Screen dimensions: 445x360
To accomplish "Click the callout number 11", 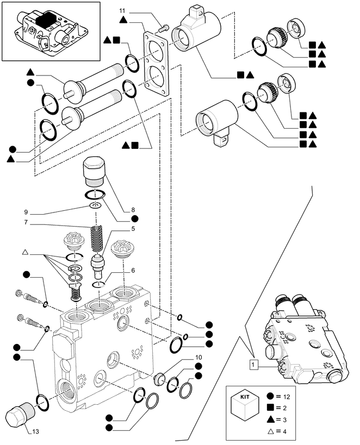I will coord(122,11).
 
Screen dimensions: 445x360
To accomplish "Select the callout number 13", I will coord(35,432).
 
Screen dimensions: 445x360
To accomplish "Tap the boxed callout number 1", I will coord(253,364).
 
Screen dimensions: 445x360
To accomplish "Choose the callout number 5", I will coord(132,229).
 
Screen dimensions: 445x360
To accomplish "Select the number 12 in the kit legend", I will coord(285,398).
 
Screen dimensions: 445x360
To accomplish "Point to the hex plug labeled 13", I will coord(16,416).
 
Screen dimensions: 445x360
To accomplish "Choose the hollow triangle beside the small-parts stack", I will coord(25,253).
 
